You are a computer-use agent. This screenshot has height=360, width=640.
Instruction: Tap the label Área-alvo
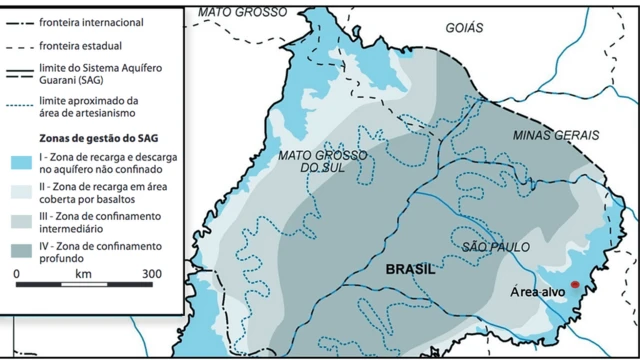pyautogui.click(x=539, y=291)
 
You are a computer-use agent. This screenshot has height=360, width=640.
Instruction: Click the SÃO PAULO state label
pyautogui.click(x=496, y=246)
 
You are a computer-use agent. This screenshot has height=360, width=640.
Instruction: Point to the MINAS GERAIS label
pyautogui.click(x=557, y=134)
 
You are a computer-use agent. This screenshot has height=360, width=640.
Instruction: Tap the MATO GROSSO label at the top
pyautogui.click(x=241, y=12)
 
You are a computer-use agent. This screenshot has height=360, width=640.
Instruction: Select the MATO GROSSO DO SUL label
pyautogui.click(x=318, y=161)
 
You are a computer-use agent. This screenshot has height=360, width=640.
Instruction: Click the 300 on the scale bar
pyautogui.click(x=151, y=272)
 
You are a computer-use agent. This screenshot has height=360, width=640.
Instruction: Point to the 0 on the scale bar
pyautogui.click(x=16, y=272)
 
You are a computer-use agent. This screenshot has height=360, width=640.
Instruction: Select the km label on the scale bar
pyautogui.click(x=83, y=272)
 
